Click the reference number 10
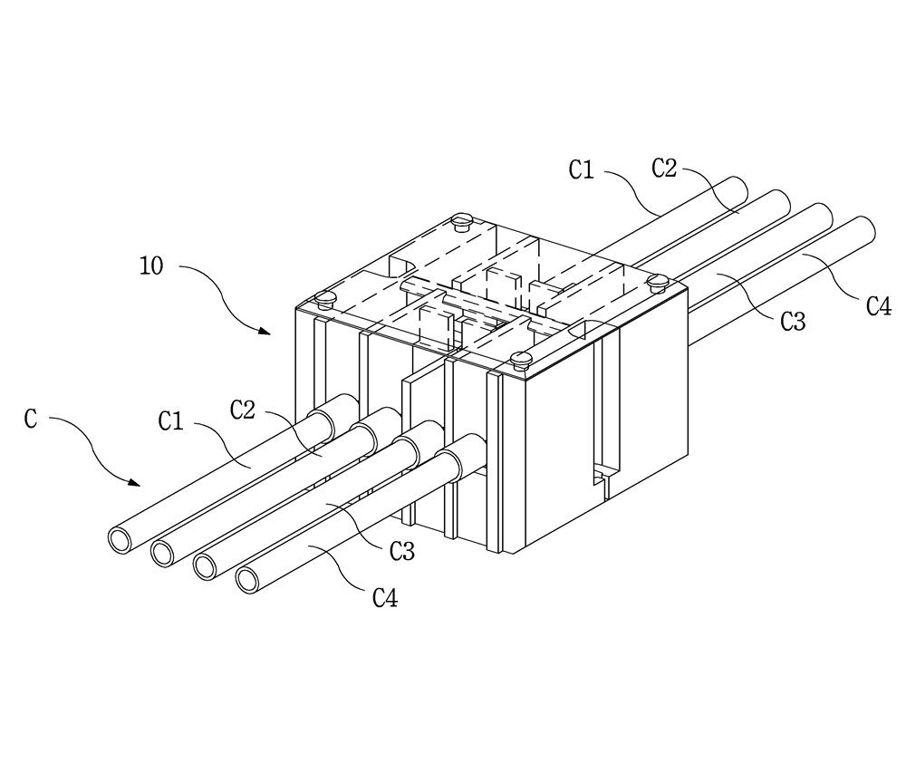pos(152,266)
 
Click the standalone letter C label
pos(31,419)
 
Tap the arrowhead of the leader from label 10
pos(265,332)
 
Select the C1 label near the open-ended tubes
pos(171,421)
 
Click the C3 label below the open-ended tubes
pos(402,552)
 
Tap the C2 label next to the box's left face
pos(243,410)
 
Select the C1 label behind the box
pos(582,170)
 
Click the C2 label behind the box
pos(664,169)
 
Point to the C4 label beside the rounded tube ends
pos(879,306)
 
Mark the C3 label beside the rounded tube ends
pos(793,322)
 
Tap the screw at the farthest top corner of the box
pos(462,221)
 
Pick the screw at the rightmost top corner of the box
pos(658,282)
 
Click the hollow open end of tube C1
pos(121,539)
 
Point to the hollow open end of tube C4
pos(249,580)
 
